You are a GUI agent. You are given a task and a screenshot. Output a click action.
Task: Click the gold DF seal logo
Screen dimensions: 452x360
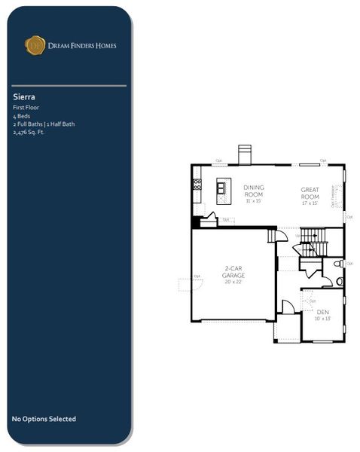pos(35,45)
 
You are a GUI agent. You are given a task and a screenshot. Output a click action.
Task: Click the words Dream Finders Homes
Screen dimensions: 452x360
pos(82,46)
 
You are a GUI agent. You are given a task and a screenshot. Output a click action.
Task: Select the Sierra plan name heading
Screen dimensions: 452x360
pos(24,97)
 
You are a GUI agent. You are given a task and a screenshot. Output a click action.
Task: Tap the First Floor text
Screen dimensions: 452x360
pos(26,108)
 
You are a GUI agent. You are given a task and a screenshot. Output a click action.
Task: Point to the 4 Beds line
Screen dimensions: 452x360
pos(20,117)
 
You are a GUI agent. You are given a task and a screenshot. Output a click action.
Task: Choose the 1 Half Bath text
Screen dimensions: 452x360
pos(61,124)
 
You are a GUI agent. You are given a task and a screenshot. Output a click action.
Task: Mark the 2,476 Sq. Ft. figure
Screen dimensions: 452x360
pos(29,132)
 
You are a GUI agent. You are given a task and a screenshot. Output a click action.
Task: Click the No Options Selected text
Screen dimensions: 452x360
pos(44,419)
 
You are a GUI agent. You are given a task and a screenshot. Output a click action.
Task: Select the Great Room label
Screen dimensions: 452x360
pos(310,191)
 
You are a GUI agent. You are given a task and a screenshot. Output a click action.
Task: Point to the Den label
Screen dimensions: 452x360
pos(322,312)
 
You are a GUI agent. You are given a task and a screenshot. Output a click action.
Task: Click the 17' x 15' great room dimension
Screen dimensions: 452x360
pos(310,201)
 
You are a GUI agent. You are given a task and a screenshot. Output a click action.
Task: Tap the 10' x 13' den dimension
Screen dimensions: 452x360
pos(322,319)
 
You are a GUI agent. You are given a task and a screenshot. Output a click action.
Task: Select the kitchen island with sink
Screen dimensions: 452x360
pos(223,186)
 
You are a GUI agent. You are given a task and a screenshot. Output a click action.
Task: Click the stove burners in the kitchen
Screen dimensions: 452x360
pos(197,182)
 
